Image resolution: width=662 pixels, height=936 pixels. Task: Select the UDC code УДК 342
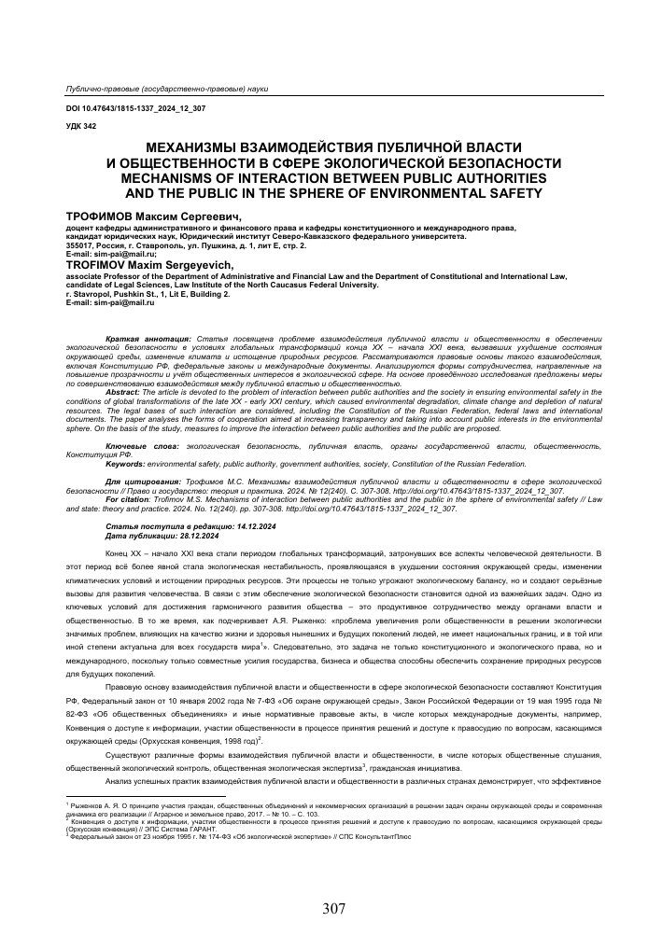(80, 126)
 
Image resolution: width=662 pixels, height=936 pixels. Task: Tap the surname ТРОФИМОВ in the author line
(96, 216)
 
